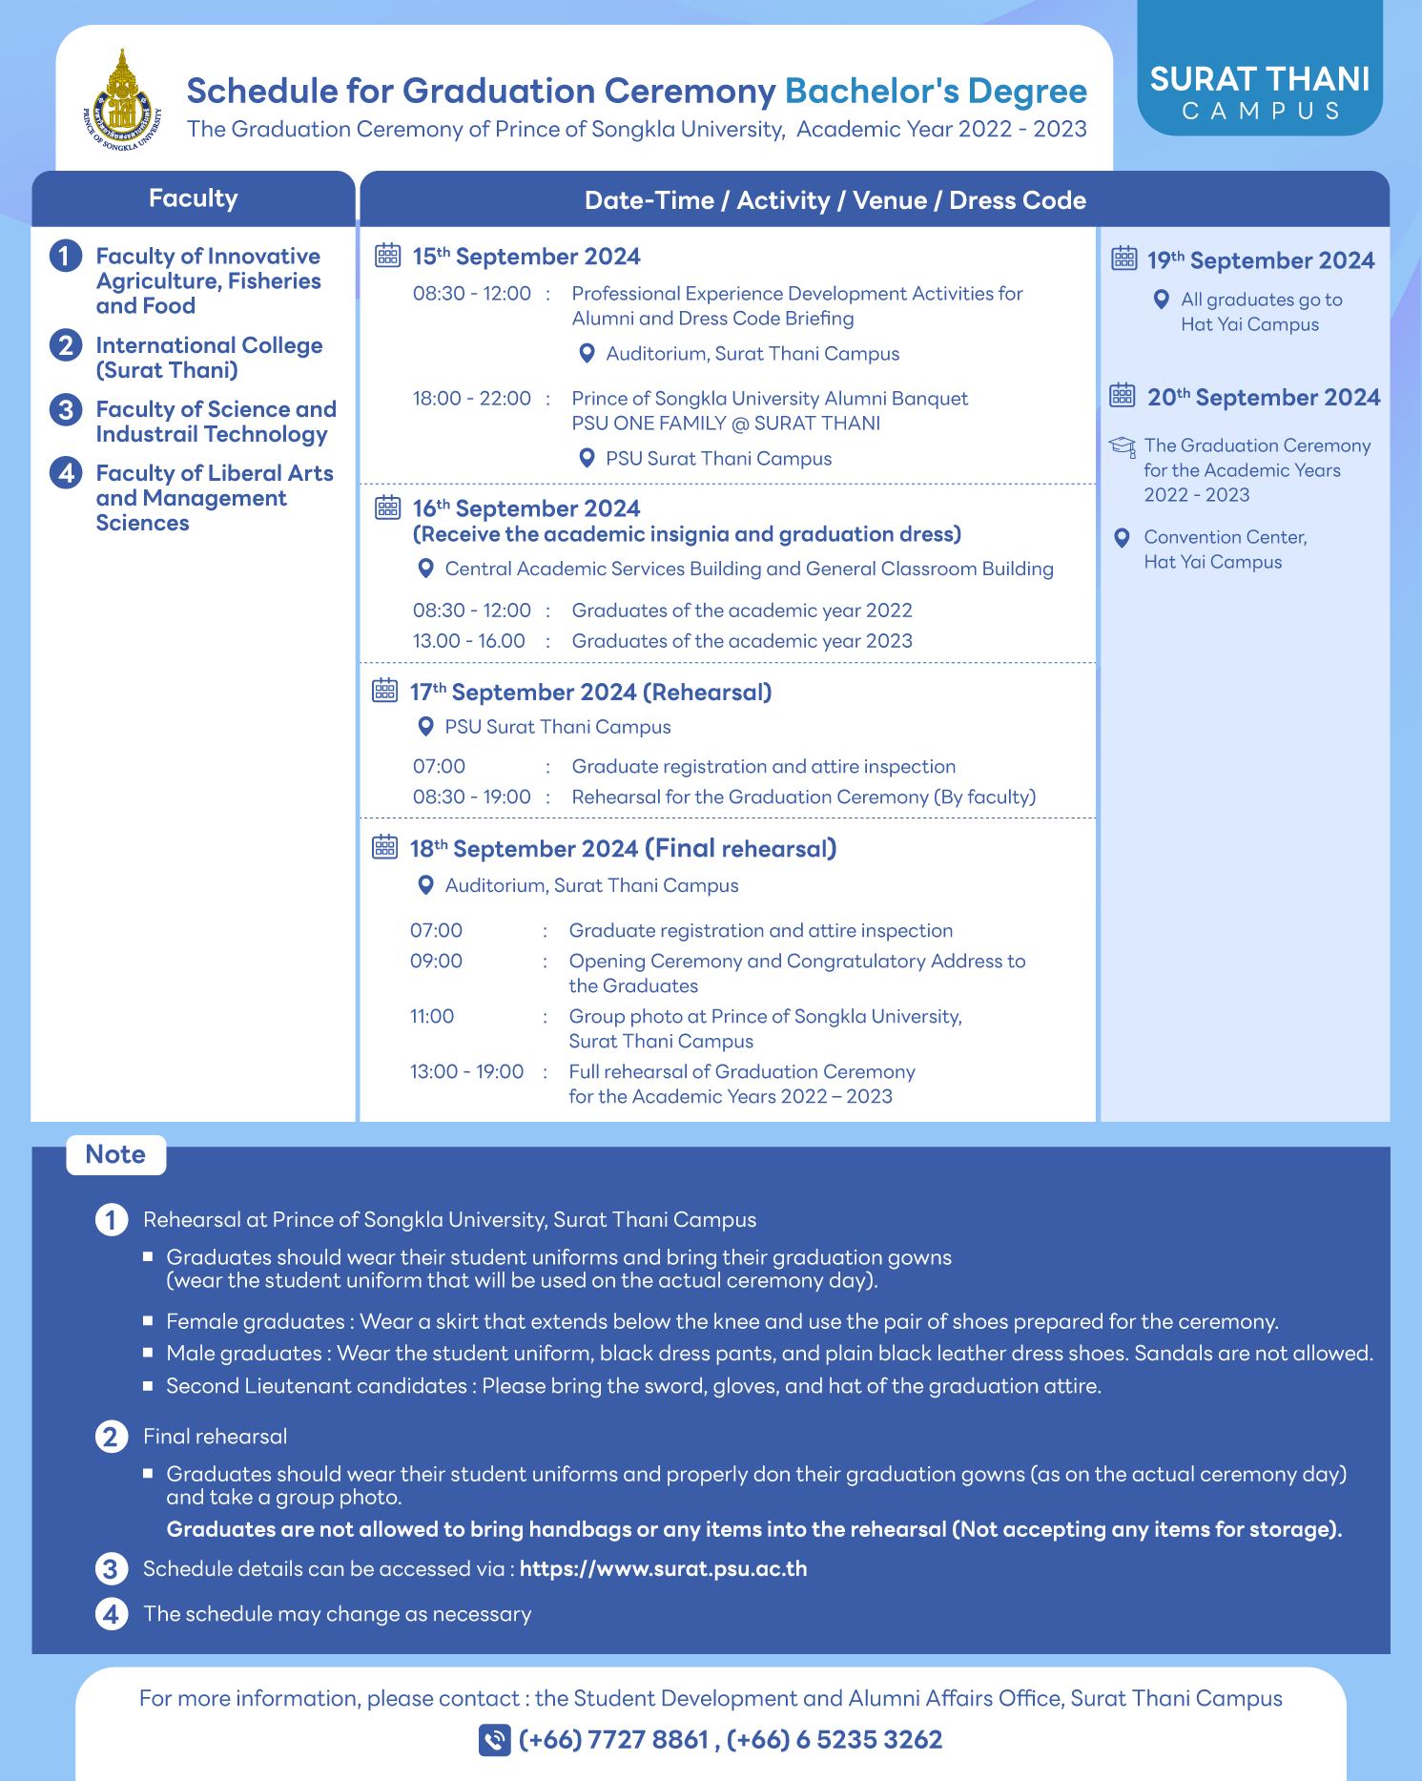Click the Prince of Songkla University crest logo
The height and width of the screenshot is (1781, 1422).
point(122,101)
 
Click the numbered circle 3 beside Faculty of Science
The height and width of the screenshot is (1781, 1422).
point(65,410)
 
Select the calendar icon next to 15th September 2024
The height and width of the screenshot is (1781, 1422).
point(387,255)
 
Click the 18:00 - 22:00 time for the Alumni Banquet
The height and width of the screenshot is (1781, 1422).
point(471,399)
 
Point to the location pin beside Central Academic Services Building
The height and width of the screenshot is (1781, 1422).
point(426,569)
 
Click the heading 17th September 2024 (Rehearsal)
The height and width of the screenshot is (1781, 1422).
point(590,693)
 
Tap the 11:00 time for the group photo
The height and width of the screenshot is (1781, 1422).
point(432,1017)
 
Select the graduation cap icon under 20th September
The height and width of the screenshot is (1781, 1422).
point(1123,446)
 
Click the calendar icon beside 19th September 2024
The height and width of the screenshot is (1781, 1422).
point(1124,259)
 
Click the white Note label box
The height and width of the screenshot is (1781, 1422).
point(115,1154)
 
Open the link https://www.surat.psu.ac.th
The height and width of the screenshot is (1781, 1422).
point(663,1569)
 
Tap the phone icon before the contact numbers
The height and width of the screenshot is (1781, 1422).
point(494,1740)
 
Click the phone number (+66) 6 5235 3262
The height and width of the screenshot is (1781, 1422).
point(835,1740)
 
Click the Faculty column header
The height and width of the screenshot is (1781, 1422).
point(193,198)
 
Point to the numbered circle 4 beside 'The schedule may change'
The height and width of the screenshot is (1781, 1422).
point(112,1614)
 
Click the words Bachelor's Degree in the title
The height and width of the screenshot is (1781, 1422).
point(935,91)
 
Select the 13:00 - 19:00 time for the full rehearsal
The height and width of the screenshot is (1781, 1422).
point(466,1072)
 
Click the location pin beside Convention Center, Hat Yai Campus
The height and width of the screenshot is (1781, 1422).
point(1123,538)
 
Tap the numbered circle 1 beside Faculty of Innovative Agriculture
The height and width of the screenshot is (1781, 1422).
point(65,256)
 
